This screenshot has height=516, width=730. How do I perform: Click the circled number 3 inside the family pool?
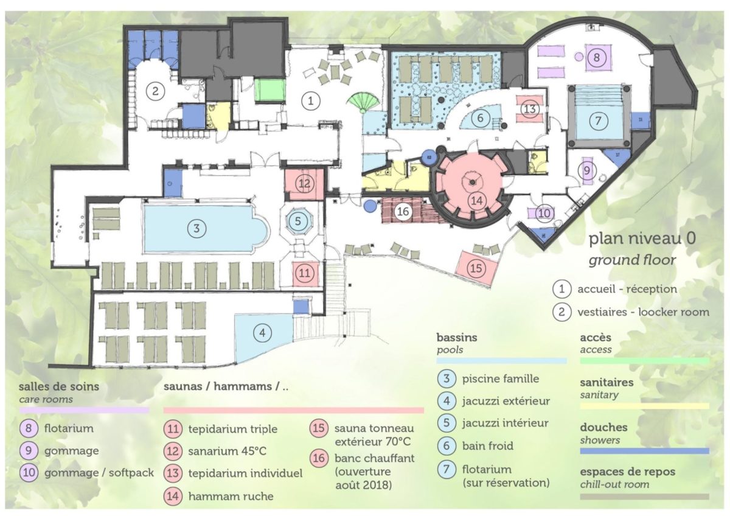(x=196, y=228)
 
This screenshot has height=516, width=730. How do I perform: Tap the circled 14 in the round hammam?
(x=477, y=200)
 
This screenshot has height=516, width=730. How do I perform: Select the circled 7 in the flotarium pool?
(x=598, y=121)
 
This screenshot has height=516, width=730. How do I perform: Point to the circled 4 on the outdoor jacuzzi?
(x=262, y=333)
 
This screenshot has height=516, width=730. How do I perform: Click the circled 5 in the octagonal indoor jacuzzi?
(x=298, y=221)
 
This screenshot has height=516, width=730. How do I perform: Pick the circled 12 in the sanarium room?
(x=304, y=184)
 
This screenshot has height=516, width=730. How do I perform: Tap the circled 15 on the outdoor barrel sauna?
(x=476, y=268)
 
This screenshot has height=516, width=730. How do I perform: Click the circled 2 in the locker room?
(x=155, y=91)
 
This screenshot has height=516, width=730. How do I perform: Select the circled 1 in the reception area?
(x=310, y=101)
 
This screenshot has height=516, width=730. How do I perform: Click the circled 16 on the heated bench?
(x=403, y=212)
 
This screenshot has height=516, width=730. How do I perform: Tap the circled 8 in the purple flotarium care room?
(x=596, y=58)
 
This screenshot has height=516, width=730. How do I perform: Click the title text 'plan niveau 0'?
(x=642, y=239)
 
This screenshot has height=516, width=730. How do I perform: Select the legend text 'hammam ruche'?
(x=231, y=496)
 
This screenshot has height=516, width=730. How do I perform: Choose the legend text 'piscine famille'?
(x=501, y=378)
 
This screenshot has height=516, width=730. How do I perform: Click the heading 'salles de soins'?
(x=58, y=386)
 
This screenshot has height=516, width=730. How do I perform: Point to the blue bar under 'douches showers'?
(x=644, y=451)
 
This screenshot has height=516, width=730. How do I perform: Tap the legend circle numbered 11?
(x=173, y=428)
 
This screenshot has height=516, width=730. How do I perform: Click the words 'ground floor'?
(x=632, y=260)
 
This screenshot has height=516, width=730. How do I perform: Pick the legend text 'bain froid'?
(x=487, y=445)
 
